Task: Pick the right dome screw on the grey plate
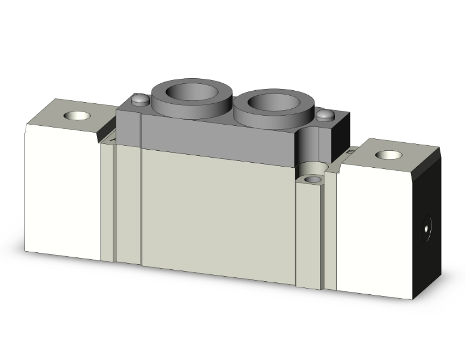tap(324, 115)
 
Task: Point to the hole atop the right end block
tap(385, 154)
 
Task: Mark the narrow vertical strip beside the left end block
tap(108, 200)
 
